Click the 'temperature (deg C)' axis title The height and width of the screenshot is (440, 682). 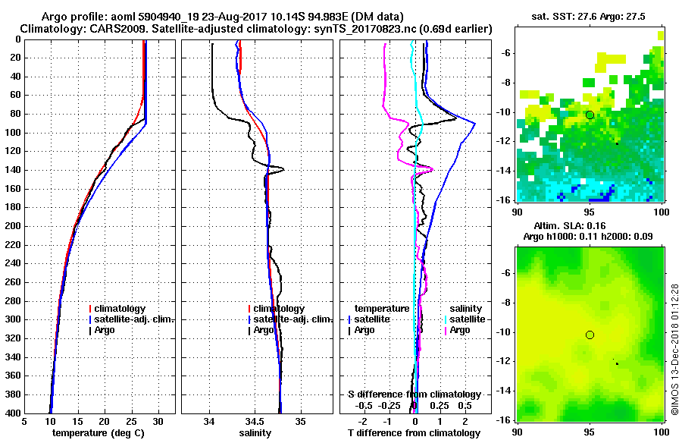click(98, 433)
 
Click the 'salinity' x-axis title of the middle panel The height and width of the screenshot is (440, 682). click(255, 433)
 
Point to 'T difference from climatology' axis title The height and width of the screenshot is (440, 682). click(415, 433)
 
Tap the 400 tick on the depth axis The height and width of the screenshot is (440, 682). click(16, 413)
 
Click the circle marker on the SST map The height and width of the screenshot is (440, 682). click(590, 115)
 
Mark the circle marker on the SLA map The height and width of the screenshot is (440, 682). click(590, 335)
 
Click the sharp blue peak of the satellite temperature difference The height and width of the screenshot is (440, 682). click(475, 123)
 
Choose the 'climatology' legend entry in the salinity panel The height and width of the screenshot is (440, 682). click(279, 309)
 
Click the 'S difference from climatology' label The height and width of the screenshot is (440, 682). click(414, 394)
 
